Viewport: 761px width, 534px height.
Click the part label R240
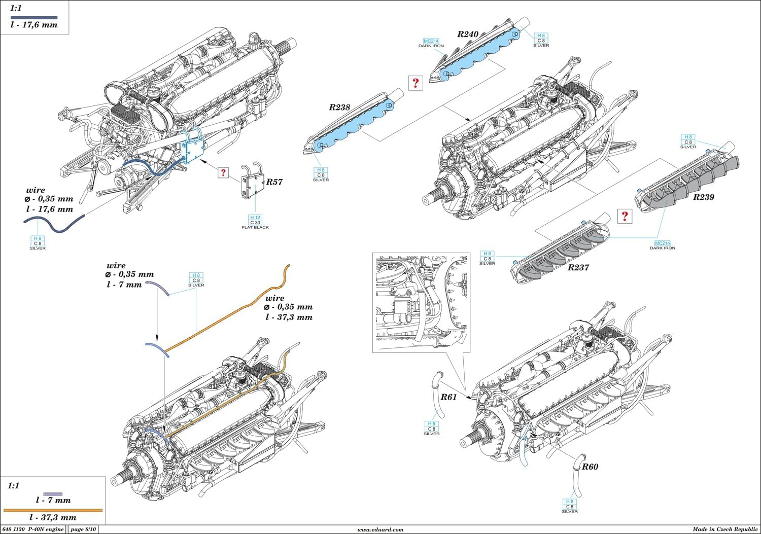tap(467, 34)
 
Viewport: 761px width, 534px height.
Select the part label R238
tap(339, 107)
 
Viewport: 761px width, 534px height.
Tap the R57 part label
tap(274, 182)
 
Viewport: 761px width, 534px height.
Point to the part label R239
tap(703, 197)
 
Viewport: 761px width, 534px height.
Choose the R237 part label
tap(578, 267)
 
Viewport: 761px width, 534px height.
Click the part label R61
tap(448, 397)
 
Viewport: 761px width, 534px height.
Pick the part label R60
tap(590, 467)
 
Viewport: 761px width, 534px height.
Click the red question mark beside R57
tap(223, 172)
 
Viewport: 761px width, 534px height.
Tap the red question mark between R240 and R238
tap(416, 83)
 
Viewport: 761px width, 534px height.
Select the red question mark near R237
tap(625, 217)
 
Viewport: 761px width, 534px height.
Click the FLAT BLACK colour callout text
tap(255, 228)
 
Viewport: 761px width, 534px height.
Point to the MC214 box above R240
tap(431, 41)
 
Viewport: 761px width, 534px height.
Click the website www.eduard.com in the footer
tap(380, 529)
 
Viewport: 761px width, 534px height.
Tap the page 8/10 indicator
tap(83, 529)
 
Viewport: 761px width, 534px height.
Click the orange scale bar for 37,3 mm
tap(53, 510)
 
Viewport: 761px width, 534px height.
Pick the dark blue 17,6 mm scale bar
tap(34, 18)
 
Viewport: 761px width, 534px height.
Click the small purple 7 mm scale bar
tap(53, 493)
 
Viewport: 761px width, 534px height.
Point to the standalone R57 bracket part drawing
tap(252, 187)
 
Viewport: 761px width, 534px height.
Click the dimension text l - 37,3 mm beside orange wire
tap(289, 317)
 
